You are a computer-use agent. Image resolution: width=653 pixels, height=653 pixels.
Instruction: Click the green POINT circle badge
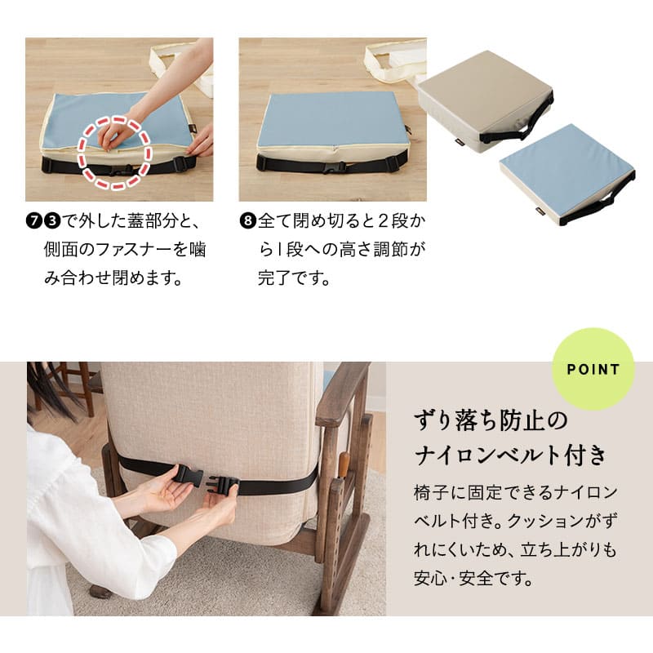tap(593, 370)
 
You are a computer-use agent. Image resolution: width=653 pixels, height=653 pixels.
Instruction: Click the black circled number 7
tap(33, 220)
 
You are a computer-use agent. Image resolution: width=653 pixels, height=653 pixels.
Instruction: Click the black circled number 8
tap(247, 220)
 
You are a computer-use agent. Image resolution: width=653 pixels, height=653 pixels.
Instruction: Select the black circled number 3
tap(52, 220)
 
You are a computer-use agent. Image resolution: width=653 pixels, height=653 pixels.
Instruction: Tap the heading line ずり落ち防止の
tap(491, 420)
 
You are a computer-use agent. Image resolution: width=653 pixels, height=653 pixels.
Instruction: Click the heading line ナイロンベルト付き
tap(510, 455)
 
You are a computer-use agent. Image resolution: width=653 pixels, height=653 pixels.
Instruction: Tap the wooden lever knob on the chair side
tap(343, 464)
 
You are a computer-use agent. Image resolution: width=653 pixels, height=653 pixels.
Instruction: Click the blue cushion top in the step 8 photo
tap(332, 118)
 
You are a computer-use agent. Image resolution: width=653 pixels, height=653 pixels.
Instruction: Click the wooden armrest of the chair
tap(341, 393)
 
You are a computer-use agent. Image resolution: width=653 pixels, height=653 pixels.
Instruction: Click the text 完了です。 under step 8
tap(294, 278)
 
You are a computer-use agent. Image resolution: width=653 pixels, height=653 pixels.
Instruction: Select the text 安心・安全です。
tap(473, 578)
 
